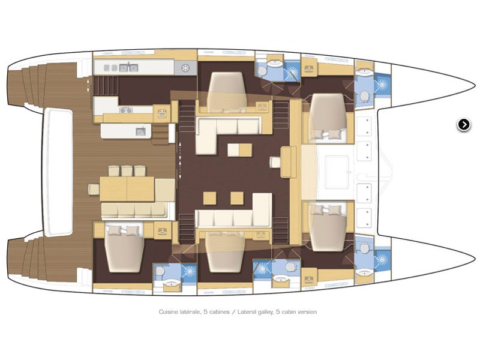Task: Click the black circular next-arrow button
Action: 464,125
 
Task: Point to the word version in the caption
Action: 307,312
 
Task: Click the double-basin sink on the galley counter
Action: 128,68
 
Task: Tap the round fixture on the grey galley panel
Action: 185,68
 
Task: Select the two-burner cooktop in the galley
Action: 126,110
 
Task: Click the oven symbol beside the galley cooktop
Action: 162,113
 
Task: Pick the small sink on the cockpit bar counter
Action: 141,131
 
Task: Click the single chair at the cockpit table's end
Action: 94,189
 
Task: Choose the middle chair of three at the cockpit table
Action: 127,171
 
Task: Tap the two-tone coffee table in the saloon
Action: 239,150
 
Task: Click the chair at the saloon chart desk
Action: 275,162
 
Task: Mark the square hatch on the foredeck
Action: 337,172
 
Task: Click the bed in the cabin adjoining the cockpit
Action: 124,248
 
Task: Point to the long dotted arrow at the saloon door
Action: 180,160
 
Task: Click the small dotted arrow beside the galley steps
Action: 89,85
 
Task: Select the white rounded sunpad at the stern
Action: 59,172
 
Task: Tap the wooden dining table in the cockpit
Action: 127,189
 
